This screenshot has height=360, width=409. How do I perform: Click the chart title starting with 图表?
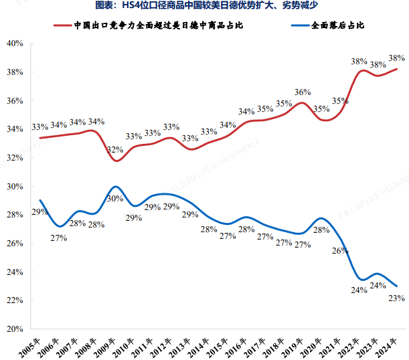click(x=204, y=6)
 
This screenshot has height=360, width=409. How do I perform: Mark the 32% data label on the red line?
click(x=115, y=150)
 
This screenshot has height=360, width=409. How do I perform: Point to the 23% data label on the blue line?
click(x=396, y=298)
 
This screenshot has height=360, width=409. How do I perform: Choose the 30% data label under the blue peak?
click(x=115, y=199)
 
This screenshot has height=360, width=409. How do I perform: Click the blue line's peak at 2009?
click(x=116, y=187)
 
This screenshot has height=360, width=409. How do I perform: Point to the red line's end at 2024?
click(x=397, y=69)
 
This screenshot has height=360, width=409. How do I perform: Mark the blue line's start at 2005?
click(x=40, y=200)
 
